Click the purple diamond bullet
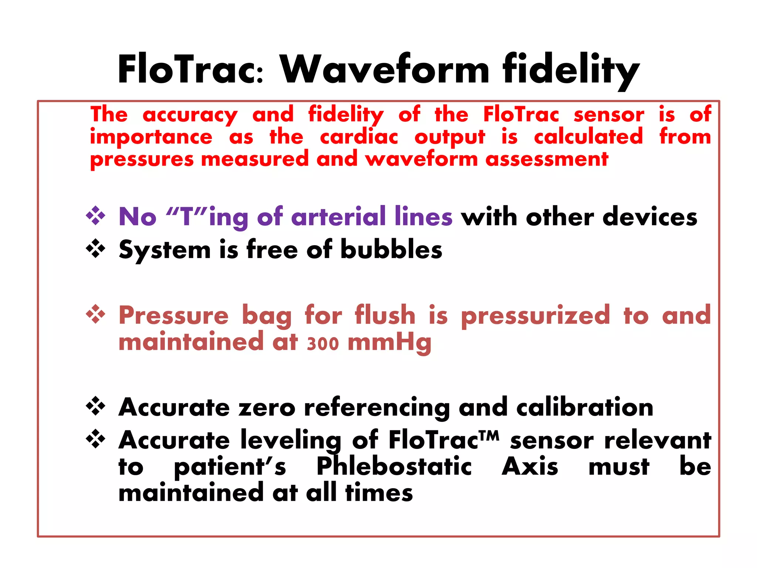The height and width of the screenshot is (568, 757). (95, 215)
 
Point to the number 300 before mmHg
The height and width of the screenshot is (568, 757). (323, 344)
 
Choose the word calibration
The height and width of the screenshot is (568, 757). (585, 408)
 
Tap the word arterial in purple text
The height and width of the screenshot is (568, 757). (338, 216)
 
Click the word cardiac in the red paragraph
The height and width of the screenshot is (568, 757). (359, 137)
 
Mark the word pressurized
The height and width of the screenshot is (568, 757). (535, 315)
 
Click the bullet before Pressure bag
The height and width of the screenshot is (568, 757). (95, 314)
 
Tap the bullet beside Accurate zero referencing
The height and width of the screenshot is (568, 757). (95, 406)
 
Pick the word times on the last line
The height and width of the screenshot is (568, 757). (379, 493)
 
